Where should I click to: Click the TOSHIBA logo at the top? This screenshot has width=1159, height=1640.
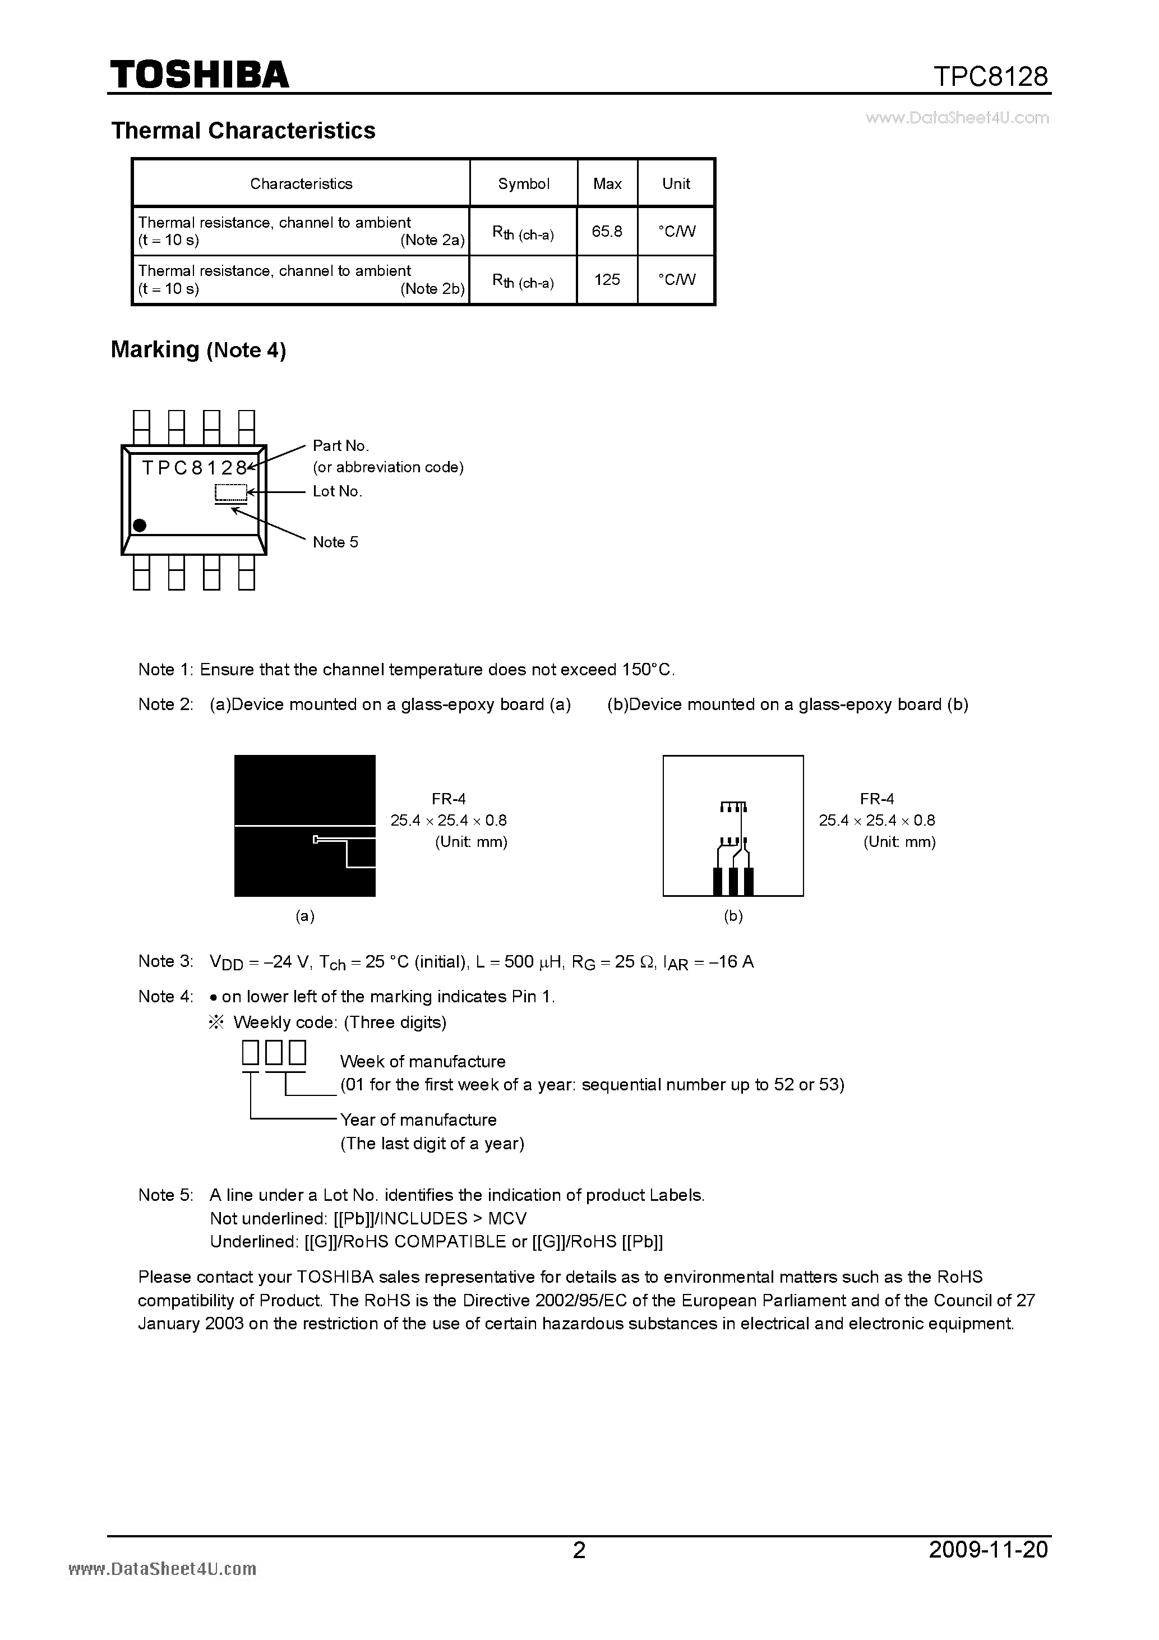pyautogui.click(x=199, y=75)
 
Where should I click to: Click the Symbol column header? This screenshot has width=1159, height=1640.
pyautogui.click(x=524, y=183)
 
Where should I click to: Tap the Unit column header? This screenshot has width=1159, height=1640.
pyautogui.click(x=676, y=183)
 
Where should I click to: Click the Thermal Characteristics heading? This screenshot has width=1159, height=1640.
pyautogui.click(x=243, y=131)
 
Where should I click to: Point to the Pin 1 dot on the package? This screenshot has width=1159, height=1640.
pyautogui.click(x=140, y=525)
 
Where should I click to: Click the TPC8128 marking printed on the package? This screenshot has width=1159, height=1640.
pyautogui.click(x=194, y=468)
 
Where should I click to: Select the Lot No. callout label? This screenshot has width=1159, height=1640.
pyautogui.click(x=337, y=491)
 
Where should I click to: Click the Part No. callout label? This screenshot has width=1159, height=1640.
pyautogui.click(x=340, y=446)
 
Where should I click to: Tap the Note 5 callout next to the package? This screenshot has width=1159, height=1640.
pyautogui.click(x=335, y=542)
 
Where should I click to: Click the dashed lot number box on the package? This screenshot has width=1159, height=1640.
pyautogui.click(x=230, y=492)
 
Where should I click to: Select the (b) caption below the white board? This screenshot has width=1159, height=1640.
pyautogui.click(x=733, y=916)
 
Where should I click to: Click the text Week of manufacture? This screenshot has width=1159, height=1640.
pyautogui.click(x=422, y=1061)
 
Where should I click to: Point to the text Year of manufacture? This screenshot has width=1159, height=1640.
pyautogui.click(x=418, y=1120)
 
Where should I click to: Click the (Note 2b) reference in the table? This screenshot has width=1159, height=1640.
pyautogui.click(x=432, y=289)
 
